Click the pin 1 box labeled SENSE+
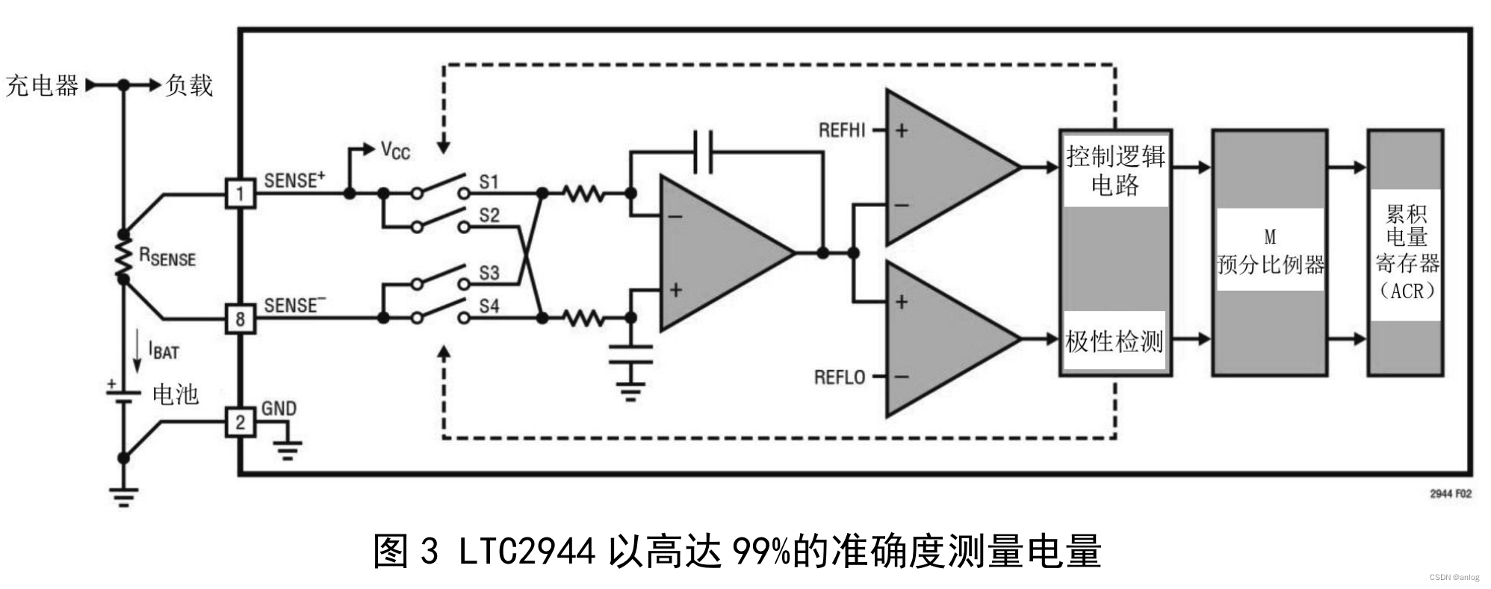click(x=240, y=194)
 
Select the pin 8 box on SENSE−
click(x=240, y=319)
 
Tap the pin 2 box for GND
click(x=240, y=422)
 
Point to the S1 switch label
click(x=489, y=182)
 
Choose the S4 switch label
click(x=489, y=306)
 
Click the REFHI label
click(x=842, y=131)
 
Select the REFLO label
click(x=840, y=377)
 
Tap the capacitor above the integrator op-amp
click(x=703, y=152)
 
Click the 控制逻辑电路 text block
click(x=1115, y=170)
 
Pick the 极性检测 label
click(x=1114, y=342)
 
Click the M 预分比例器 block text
click(x=1270, y=253)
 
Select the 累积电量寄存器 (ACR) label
click(x=1407, y=252)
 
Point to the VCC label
click(x=395, y=150)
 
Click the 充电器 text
click(x=42, y=86)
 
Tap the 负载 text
click(x=189, y=85)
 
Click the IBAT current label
click(x=164, y=350)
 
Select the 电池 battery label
click(x=176, y=394)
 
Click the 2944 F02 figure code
click(x=1450, y=494)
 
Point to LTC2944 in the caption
click(x=527, y=552)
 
